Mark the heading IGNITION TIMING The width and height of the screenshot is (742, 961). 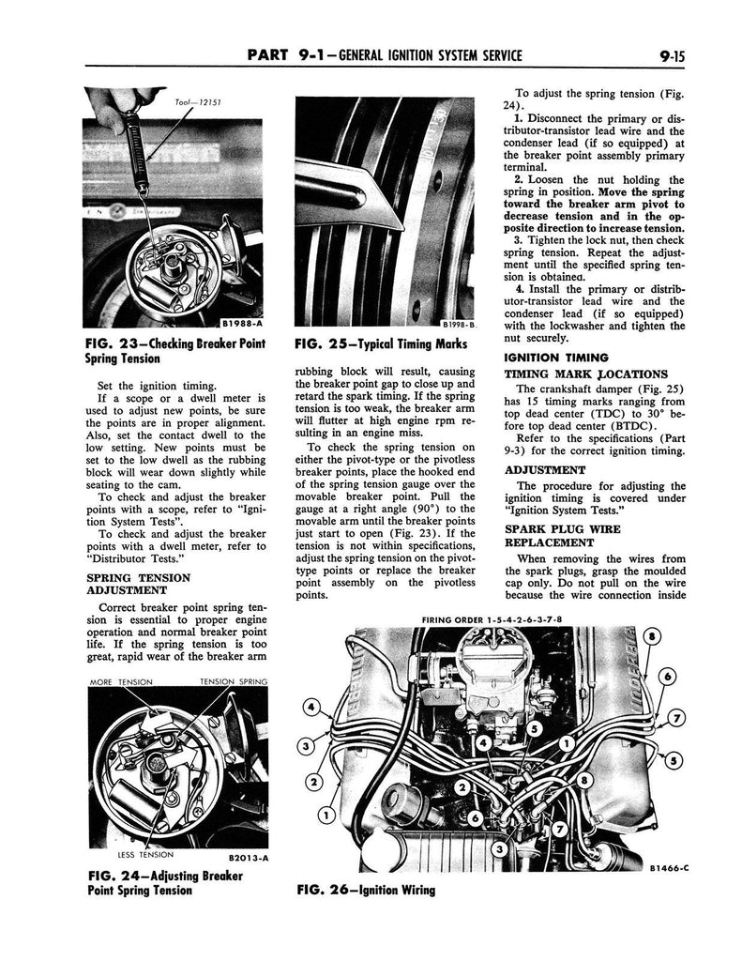[x=556, y=358]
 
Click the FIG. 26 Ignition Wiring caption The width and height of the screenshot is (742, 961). [x=366, y=889]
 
